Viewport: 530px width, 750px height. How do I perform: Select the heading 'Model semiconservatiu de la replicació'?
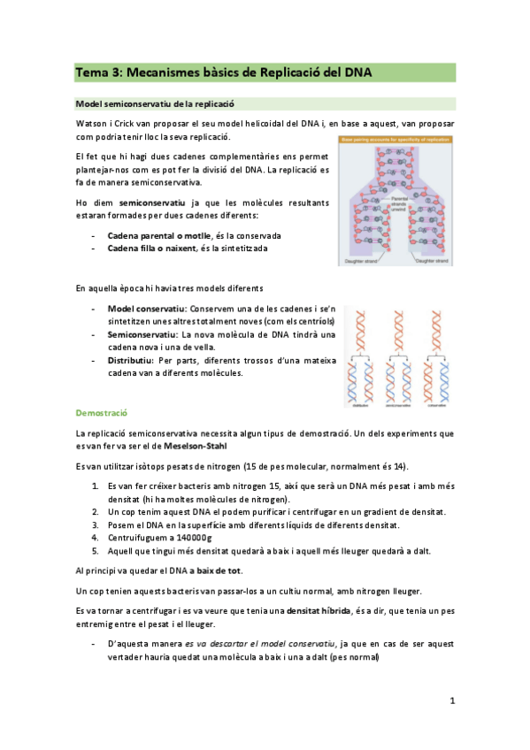pos(156,103)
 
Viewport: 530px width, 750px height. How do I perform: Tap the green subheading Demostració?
pos(102,413)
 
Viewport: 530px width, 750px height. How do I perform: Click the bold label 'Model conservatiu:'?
pos(145,309)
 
